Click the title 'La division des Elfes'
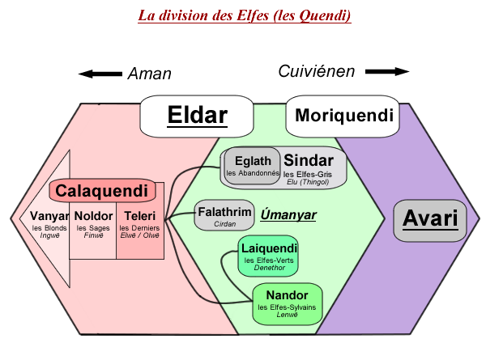tap(244, 16)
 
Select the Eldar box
tap(197, 116)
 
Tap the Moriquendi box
tap(343, 116)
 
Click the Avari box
tap(430, 219)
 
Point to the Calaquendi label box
tap(101, 192)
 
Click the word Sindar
tap(309, 159)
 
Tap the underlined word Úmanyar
tap(288, 215)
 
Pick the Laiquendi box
tap(270, 255)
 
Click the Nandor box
tap(287, 303)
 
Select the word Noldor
tap(93, 216)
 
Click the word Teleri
tap(139, 216)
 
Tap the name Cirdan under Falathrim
tap(224, 223)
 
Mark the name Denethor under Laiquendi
tap(270, 268)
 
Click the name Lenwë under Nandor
tap(287, 315)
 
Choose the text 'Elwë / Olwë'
tap(139, 236)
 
